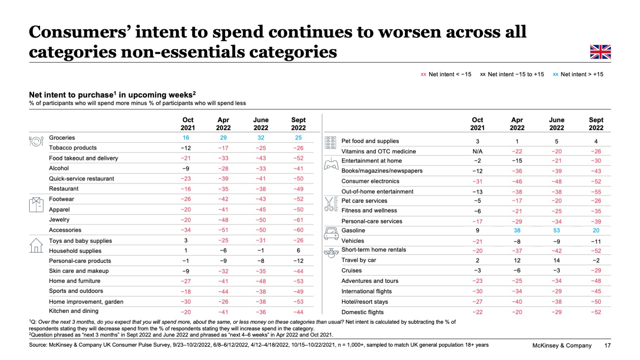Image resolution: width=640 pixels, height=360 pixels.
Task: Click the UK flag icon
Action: [600, 52]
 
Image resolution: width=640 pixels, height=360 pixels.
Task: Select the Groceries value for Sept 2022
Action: [298, 137]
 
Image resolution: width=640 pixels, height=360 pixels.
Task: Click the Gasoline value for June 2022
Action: [556, 230]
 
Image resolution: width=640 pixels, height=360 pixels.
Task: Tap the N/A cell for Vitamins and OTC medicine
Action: [477, 152]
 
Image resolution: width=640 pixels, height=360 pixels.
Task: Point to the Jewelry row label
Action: [59, 220]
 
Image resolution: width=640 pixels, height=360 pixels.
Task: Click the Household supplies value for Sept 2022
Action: [298, 250]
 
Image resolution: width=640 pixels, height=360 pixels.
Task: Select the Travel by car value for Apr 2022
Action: [517, 260]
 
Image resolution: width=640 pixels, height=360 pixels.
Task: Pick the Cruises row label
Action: [352, 270]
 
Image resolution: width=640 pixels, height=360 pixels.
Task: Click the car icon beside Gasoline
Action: [331, 234]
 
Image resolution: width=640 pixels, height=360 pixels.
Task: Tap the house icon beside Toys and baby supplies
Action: [36, 245]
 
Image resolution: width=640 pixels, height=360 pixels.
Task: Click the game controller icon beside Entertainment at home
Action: [331, 164]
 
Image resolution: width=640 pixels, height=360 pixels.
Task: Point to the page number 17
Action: [607, 345]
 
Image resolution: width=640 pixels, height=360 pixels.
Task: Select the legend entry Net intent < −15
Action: [446, 74]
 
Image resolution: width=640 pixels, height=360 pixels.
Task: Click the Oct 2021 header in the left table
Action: [187, 124]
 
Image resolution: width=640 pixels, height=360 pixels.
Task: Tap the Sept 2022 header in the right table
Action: [596, 124]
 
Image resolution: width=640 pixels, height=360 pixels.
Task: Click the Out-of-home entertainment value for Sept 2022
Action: [596, 192]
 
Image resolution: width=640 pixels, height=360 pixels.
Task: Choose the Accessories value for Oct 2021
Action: [186, 230]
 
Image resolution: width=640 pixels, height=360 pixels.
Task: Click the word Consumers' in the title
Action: [79, 32]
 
